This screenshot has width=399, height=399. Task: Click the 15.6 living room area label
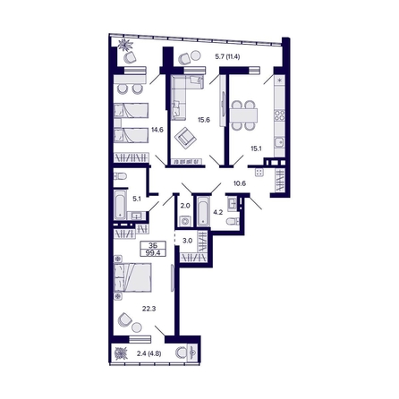203,120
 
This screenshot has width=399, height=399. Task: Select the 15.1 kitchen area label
256,149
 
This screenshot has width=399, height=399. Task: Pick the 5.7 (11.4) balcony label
232,57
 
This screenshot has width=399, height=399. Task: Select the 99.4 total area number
155,253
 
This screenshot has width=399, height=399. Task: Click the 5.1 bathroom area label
137,200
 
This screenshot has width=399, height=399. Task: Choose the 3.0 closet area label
188,240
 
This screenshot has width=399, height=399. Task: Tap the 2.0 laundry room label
184,205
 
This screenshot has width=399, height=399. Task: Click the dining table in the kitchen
242,114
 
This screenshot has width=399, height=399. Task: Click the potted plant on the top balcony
123,46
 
